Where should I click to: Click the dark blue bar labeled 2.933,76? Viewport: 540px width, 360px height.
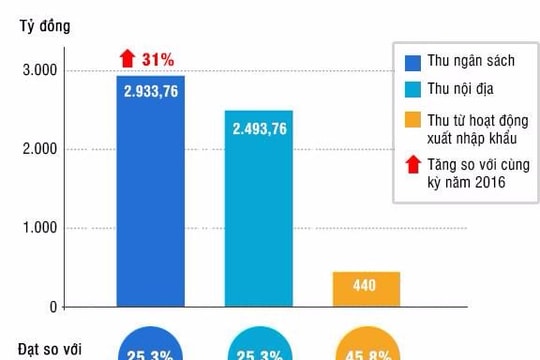coord(150,200)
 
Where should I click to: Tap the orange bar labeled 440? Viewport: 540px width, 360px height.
coord(366,288)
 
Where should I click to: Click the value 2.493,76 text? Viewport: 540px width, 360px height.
coord(258,128)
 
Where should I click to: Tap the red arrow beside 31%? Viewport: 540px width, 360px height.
coord(127,59)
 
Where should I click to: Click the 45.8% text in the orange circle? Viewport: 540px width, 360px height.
coord(366,353)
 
